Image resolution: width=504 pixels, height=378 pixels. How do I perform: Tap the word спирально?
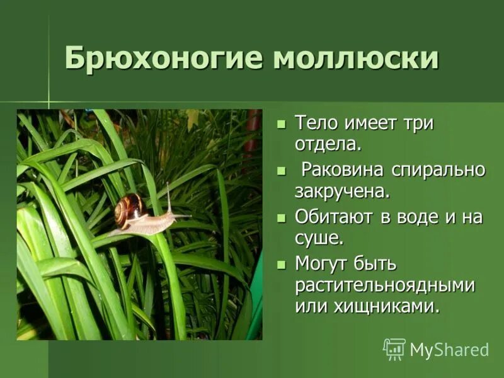tap(439, 171)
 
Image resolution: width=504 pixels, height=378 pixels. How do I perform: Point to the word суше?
tap(319, 238)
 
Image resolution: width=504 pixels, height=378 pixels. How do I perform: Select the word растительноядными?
tap(384, 285)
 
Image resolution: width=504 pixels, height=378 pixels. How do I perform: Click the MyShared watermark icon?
tap(394, 349)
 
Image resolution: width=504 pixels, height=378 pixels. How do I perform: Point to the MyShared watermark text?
tap(449, 350)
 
